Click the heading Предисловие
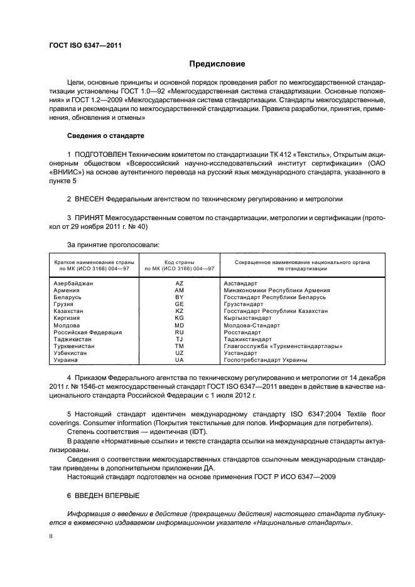217,64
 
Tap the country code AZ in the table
179,284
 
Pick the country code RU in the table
179,332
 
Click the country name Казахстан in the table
69,311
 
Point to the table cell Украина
66,359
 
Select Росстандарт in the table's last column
244,332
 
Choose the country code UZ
179,352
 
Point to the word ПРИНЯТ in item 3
92,218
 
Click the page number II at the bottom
51,537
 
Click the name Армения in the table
67,291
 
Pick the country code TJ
179,339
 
